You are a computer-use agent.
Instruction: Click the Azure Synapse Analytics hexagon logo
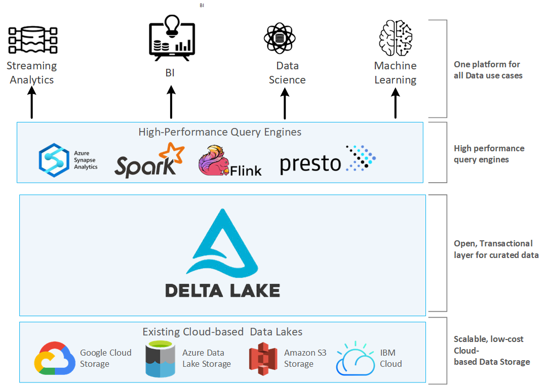pos(54,159)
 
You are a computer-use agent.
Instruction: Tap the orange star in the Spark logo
pos(171,154)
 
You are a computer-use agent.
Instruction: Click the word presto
pos(310,163)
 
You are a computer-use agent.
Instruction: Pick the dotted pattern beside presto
pos(361,157)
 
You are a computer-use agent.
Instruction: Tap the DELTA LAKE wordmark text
pos(223,290)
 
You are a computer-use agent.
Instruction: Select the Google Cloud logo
pos(55,359)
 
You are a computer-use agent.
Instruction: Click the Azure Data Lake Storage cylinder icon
pos(159,359)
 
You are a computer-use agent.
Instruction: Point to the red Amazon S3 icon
pos(263,358)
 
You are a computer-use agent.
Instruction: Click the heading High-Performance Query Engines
pos(220,132)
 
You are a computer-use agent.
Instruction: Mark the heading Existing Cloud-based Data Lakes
pos(222,332)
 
